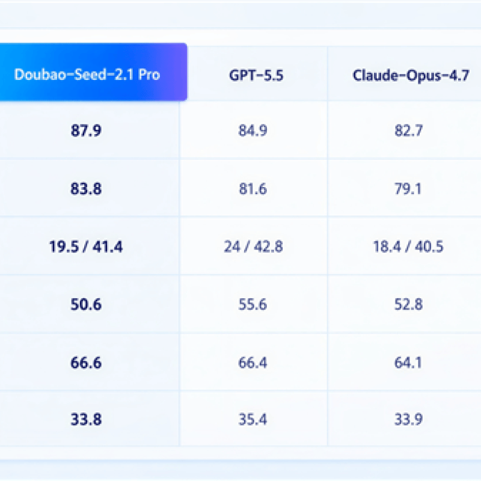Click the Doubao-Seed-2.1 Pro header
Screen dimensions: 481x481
[x=87, y=75]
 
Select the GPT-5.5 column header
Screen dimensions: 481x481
[x=256, y=76]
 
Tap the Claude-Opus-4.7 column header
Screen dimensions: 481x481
[x=411, y=76]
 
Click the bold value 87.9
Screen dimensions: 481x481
[x=86, y=130]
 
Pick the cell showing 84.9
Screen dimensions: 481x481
[x=253, y=130]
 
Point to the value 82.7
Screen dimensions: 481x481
[x=409, y=130]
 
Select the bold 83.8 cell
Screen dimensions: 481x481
[x=86, y=188]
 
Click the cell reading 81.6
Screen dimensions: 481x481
[x=253, y=188]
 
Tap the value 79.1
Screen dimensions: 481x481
[x=408, y=188]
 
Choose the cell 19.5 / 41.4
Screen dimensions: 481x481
[x=86, y=247]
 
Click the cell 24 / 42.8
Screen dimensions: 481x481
[x=253, y=247]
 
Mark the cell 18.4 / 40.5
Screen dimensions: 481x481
[x=408, y=247]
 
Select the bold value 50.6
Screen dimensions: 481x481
[x=86, y=304]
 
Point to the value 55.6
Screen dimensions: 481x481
[x=253, y=304]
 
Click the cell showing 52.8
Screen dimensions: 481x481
[x=409, y=304]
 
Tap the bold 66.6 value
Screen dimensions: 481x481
[x=86, y=363]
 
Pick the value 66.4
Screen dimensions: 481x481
[x=253, y=363]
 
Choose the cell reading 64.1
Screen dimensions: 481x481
[x=408, y=363]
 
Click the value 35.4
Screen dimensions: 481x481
[x=253, y=419]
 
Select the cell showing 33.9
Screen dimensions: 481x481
[x=409, y=419]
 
